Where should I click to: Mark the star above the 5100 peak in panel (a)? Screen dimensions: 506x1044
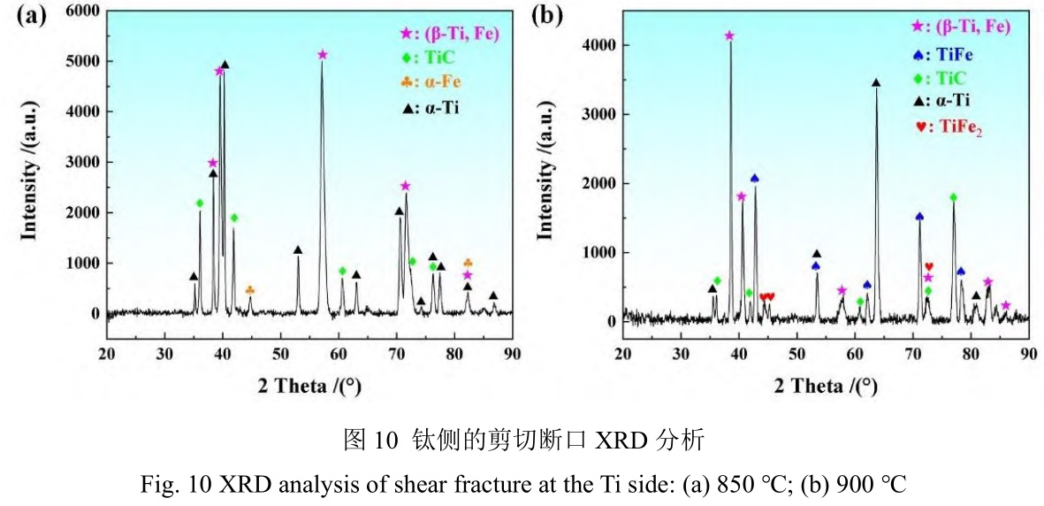point(323,55)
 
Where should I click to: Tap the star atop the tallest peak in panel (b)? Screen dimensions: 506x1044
point(729,36)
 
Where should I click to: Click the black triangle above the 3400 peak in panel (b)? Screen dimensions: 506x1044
point(876,83)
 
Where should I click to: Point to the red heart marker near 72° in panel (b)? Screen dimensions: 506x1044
point(929,266)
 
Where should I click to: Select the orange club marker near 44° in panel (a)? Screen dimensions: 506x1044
point(249,290)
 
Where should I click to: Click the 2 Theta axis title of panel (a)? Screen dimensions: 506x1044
point(309,387)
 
